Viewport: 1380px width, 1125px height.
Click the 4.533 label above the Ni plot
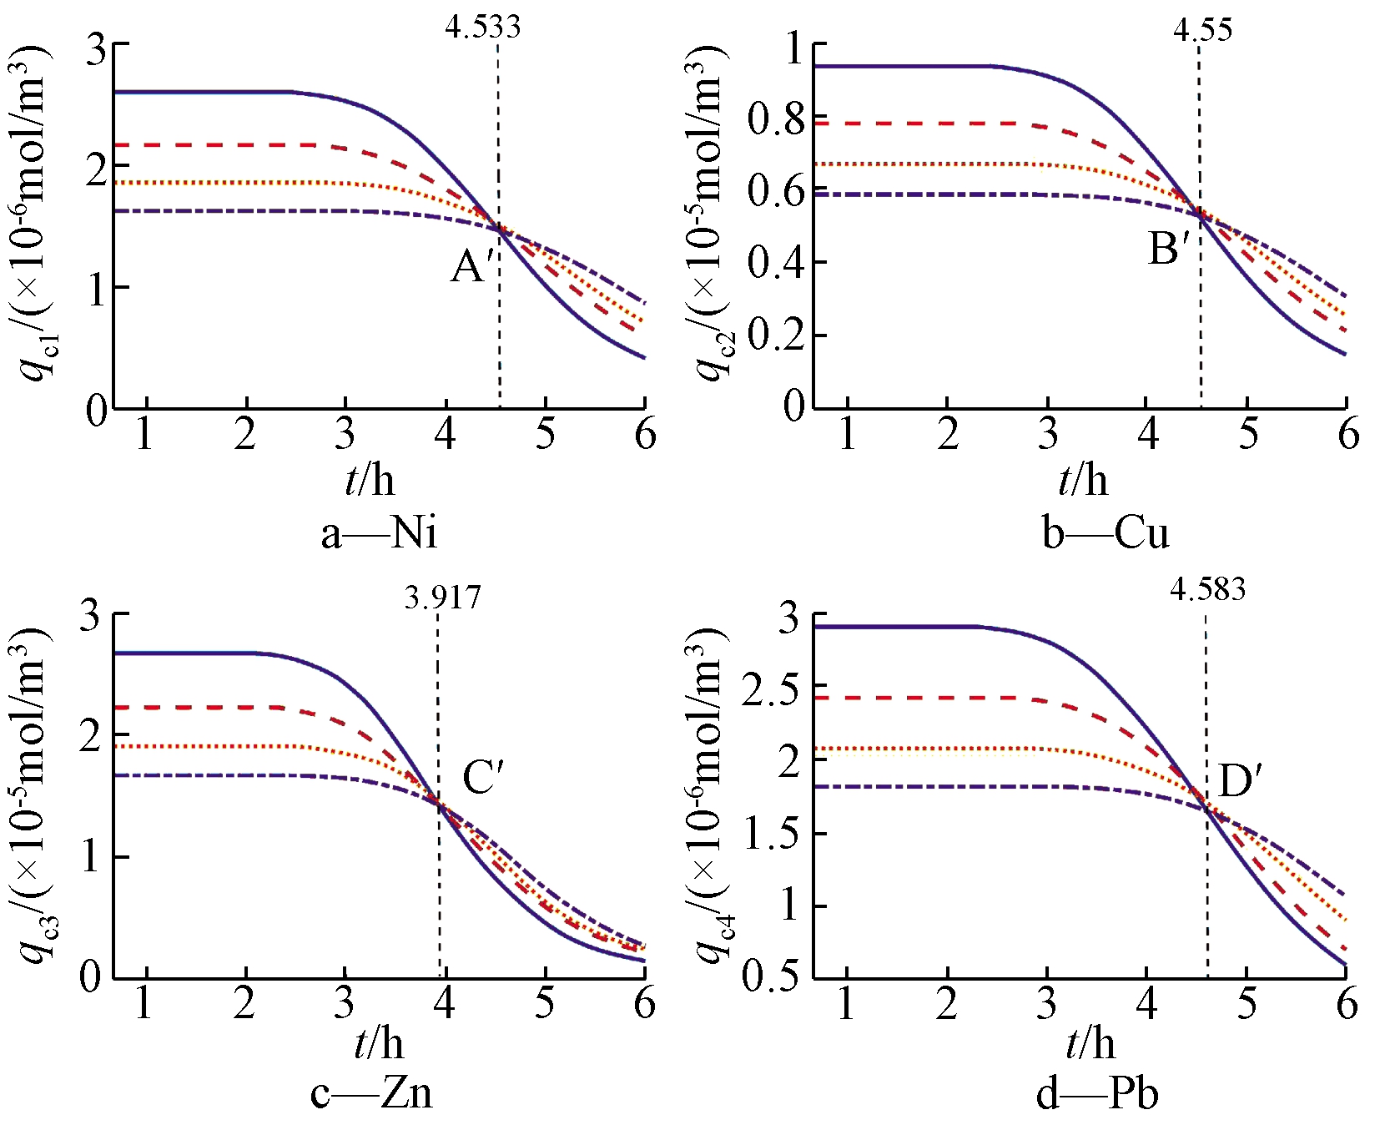pos(482,27)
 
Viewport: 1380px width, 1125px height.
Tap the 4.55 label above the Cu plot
pos(1201,30)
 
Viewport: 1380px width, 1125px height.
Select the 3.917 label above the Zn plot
pos(442,598)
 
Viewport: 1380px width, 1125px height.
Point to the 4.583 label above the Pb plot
pos(1206,589)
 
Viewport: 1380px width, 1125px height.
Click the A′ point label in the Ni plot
pos(472,268)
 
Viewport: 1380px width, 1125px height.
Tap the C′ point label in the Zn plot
pos(483,778)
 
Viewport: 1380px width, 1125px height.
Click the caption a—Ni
pos(379,532)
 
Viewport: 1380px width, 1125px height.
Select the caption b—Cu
pos(1106,532)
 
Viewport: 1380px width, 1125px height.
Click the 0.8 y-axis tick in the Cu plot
pos(776,119)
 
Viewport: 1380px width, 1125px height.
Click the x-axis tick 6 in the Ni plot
pos(645,434)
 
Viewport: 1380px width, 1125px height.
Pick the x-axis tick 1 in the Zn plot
pos(144,1003)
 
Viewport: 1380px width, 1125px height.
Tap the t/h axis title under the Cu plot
pos(1083,482)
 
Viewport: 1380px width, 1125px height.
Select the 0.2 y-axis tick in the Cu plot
pos(776,335)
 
